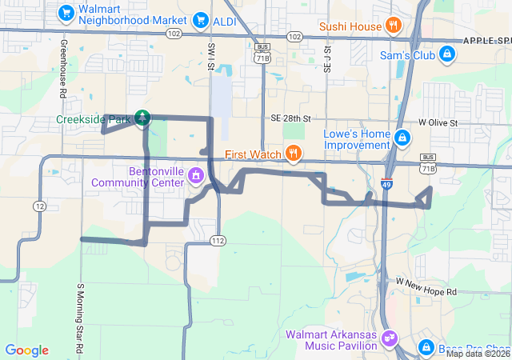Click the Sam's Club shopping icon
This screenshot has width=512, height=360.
(448, 55)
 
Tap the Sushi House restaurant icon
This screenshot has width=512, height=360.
(393, 26)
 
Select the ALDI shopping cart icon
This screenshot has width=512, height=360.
(202, 21)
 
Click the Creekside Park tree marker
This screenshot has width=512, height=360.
(142, 119)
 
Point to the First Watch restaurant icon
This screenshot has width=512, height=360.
(294, 153)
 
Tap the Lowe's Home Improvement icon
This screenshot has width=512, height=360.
(402, 139)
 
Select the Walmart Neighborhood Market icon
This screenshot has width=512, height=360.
(68, 13)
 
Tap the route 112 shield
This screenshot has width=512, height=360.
(218, 240)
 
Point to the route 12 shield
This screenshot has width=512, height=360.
(38, 206)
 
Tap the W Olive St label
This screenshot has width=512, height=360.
(437, 122)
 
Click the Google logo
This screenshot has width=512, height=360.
(26, 350)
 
